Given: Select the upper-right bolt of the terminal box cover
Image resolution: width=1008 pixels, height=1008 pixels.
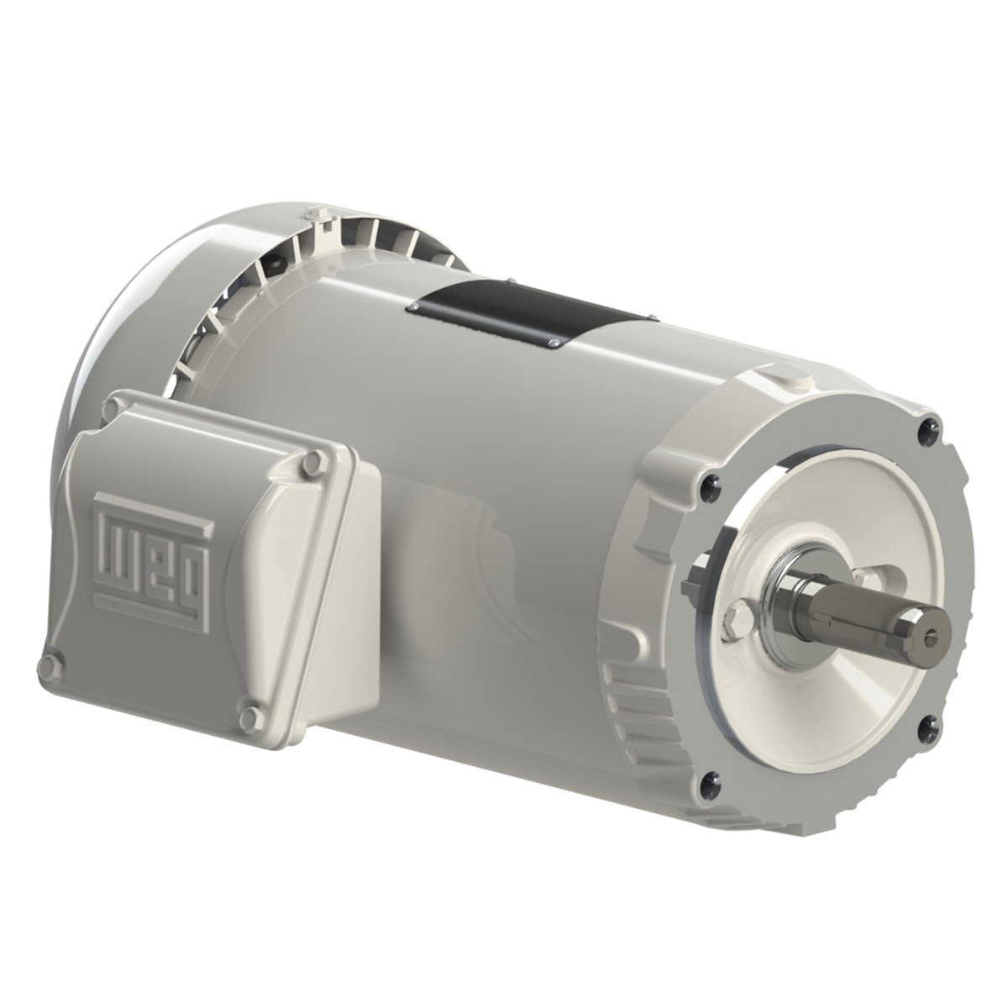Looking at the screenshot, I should [315, 459].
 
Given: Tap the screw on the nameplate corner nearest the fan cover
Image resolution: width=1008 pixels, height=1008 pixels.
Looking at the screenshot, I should [414, 309].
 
